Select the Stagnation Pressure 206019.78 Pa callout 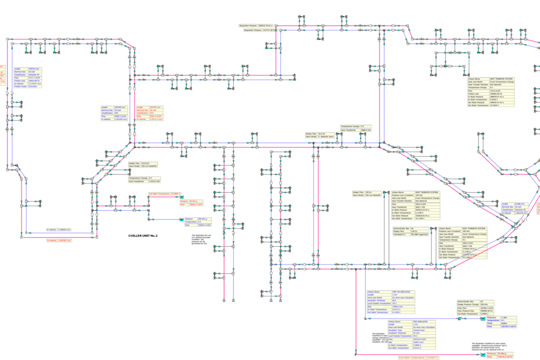click(x=256, y=25)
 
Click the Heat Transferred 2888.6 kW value click(x=367, y=130)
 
